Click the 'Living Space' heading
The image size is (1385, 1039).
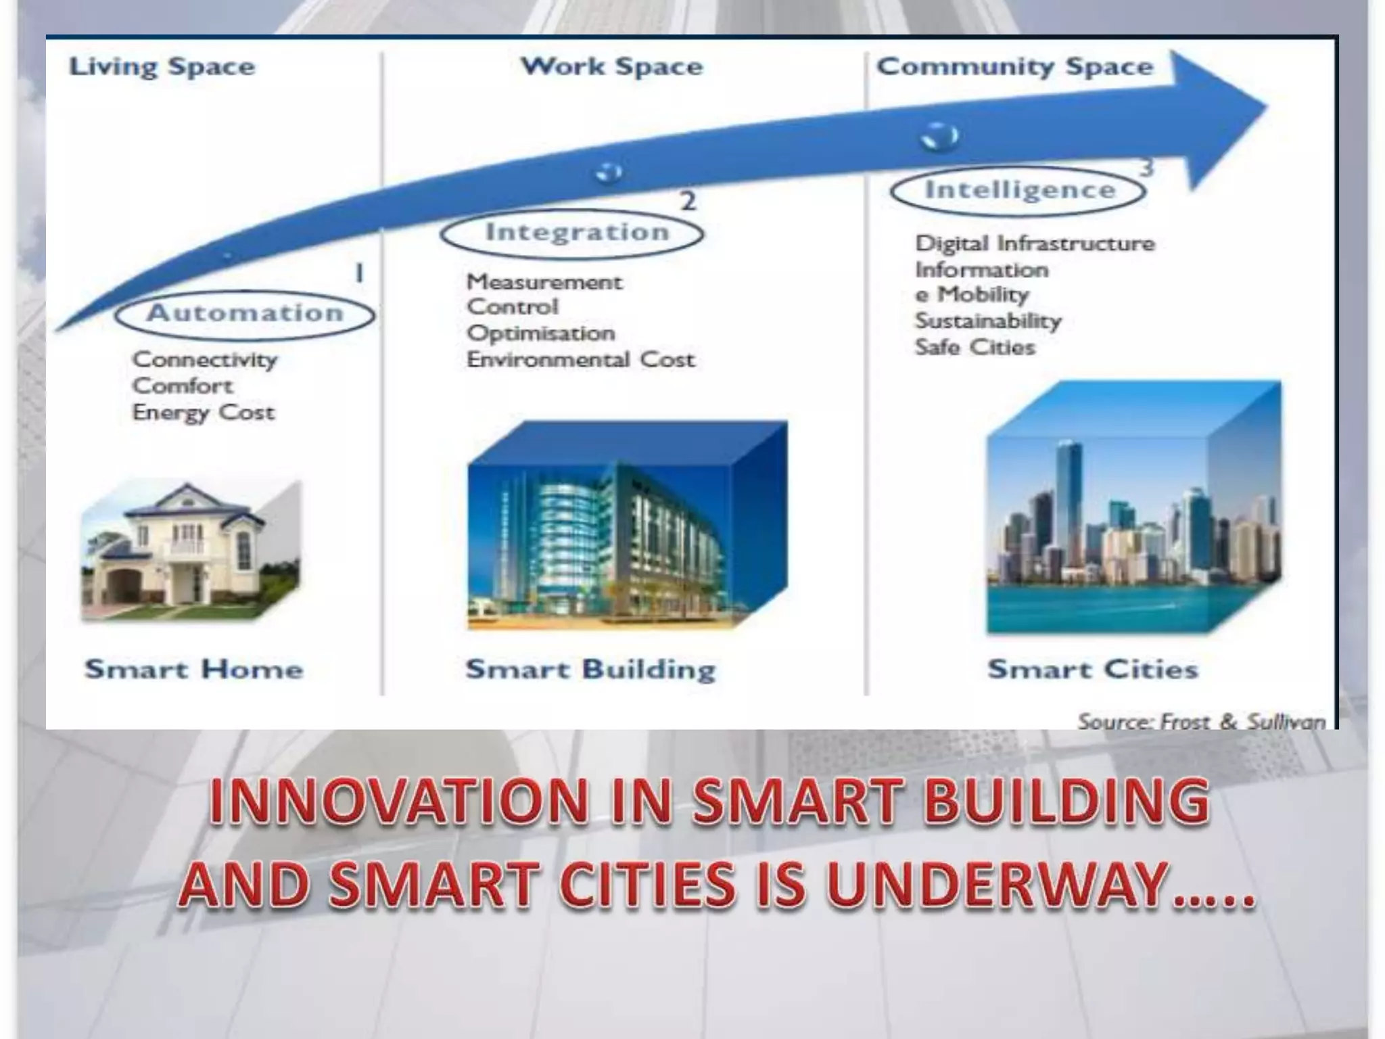click(162, 67)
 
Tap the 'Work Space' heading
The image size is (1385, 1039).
click(611, 67)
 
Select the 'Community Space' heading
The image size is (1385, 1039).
click(1014, 67)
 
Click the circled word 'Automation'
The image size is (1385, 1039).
click(245, 313)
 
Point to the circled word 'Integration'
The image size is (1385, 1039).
click(577, 232)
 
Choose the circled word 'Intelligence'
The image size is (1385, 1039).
click(1020, 190)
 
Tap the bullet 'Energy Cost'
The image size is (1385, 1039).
click(203, 413)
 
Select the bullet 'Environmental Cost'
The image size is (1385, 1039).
click(580, 360)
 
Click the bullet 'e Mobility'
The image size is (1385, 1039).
click(972, 295)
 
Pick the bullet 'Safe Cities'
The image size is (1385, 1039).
click(975, 348)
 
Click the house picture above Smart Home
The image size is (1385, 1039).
click(191, 551)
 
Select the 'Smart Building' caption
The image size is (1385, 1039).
click(590, 670)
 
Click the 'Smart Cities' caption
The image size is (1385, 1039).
click(1092, 670)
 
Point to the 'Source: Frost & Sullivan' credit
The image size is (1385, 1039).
click(1201, 722)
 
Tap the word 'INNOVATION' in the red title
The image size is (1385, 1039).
click(399, 802)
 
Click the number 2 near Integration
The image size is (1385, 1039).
click(688, 201)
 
